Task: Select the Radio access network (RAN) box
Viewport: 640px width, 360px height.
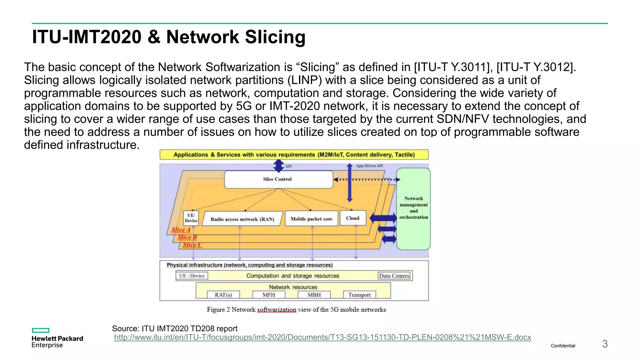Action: pos(242,219)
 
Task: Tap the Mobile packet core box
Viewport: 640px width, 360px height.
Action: pos(311,219)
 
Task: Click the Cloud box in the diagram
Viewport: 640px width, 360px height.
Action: pos(352,218)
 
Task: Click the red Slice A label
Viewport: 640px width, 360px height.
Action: pos(181,230)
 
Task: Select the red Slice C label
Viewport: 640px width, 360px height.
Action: pos(192,245)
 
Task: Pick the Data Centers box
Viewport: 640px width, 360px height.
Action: pos(394,276)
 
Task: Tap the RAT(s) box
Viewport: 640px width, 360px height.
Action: pos(223,295)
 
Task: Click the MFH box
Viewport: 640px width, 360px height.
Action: pos(269,295)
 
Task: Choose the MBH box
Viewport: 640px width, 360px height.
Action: pos(314,295)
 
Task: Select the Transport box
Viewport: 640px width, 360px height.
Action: pos(359,295)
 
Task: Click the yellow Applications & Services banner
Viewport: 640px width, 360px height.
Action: pos(294,155)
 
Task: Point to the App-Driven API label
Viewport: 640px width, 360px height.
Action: pos(369,166)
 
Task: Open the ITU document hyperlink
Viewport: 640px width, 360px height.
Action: pos(322,337)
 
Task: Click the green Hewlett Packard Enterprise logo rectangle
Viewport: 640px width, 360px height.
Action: pos(41,330)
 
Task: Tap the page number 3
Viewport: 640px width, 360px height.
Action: pos(605,344)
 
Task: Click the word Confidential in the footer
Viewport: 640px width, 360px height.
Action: pos(563,346)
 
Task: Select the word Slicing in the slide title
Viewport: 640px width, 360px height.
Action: pos(275,37)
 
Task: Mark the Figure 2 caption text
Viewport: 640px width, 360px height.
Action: pos(296,310)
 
